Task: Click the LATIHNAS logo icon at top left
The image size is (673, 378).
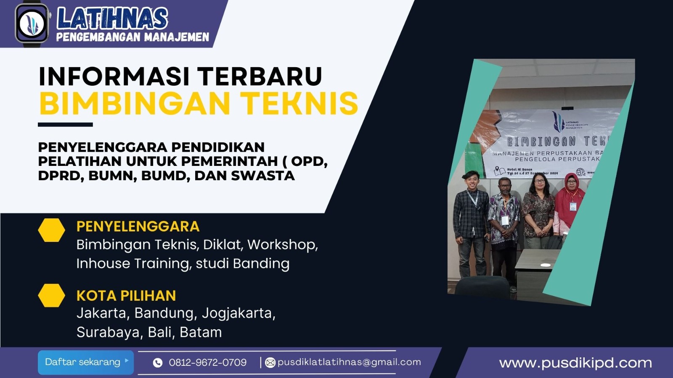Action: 32,23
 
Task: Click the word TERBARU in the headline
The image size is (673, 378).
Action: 260,76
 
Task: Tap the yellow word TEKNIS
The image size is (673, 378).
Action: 299,104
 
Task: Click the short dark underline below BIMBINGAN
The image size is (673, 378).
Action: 65,125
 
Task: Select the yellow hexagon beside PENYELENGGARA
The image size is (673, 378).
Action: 51,230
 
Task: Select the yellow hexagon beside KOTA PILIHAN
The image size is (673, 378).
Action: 51,295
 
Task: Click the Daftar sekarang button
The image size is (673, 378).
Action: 85,362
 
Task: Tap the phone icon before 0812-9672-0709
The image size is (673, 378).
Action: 158,362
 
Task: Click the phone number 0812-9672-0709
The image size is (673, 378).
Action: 207,362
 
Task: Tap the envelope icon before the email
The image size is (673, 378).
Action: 270,362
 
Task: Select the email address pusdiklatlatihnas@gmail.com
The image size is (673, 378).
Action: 349,362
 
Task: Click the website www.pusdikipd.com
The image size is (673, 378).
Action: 575,363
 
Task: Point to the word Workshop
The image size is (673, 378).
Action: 282,244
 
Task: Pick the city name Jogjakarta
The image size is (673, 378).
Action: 238,313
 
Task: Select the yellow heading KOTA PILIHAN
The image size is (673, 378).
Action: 126,296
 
